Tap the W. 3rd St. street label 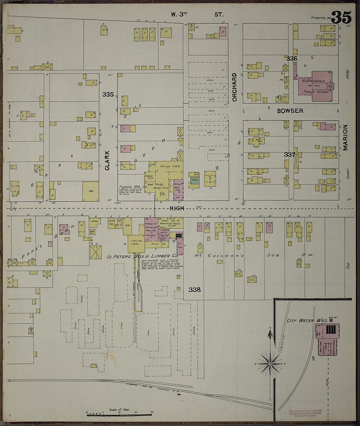197,14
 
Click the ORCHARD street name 234,87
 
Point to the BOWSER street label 290,111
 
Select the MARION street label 345,138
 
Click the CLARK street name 107,160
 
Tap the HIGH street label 177,208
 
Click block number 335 108,95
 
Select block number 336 292,59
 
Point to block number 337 289,154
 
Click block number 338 194,289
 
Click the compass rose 270,363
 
